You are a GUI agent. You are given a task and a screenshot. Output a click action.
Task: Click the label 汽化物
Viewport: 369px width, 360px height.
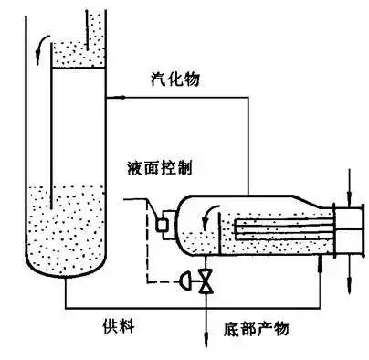click(174, 80)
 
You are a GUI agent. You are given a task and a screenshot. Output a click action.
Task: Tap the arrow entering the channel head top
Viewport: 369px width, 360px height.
click(352, 196)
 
